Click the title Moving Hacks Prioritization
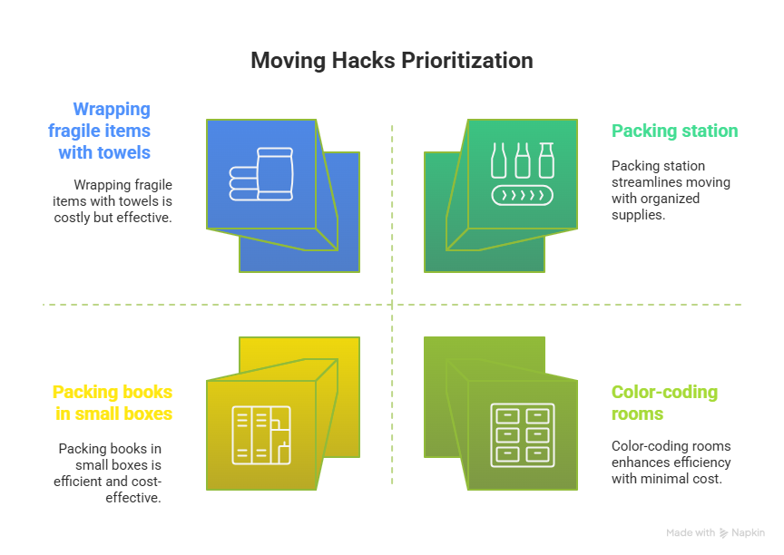pos(391,61)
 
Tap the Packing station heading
pos(674,131)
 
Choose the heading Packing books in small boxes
pos(112,403)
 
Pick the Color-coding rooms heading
pos(664,403)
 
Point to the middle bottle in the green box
pos(522,160)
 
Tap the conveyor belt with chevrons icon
pos(522,194)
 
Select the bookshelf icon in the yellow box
pos(261,435)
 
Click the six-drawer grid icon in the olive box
pos(522,435)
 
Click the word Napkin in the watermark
pos(749,533)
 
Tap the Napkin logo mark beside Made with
pos(723,533)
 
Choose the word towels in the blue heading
pos(126,151)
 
